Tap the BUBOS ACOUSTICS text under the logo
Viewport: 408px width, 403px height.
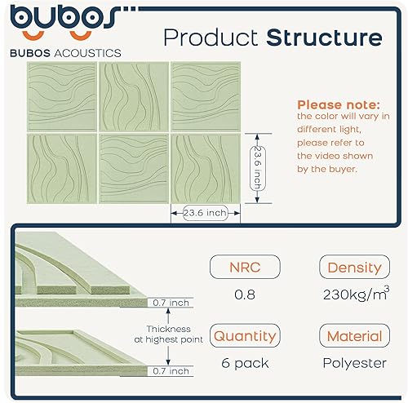click(67, 53)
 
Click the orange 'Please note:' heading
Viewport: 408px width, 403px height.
click(338, 105)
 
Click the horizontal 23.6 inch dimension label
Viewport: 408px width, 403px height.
click(205, 213)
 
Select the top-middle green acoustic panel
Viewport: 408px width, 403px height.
click(132, 95)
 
